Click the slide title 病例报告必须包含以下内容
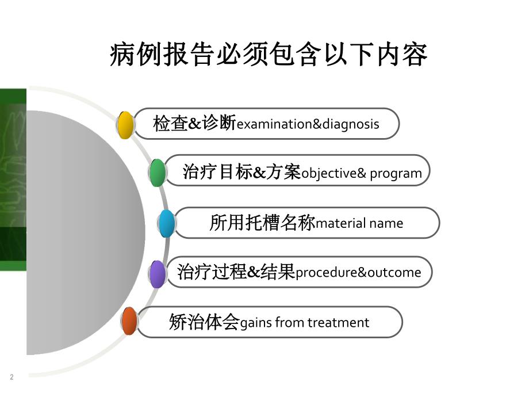pyautogui.click(x=269, y=56)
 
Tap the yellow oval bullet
pyautogui.click(x=125, y=124)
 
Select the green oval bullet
pyautogui.click(x=158, y=172)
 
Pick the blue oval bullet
pyautogui.click(x=167, y=224)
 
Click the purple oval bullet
pyautogui.click(x=157, y=273)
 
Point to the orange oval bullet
pyautogui.click(x=130, y=322)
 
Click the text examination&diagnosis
pyautogui.click(x=308, y=124)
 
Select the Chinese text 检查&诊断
pyautogui.click(x=194, y=124)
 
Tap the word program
pyautogui.click(x=396, y=173)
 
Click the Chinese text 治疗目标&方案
pyautogui.click(x=241, y=172)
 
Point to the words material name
pyautogui.click(x=359, y=223)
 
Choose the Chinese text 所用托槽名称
pyautogui.click(x=262, y=223)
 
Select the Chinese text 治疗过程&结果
pyautogui.click(x=236, y=272)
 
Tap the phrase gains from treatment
pyautogui.click(x=304, y=322)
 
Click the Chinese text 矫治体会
pyautogui.click(x=204, y=322)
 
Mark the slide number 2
pyautogui.click(x=11, y=377)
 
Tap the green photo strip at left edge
pyautogui.click(x=13, y=178)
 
